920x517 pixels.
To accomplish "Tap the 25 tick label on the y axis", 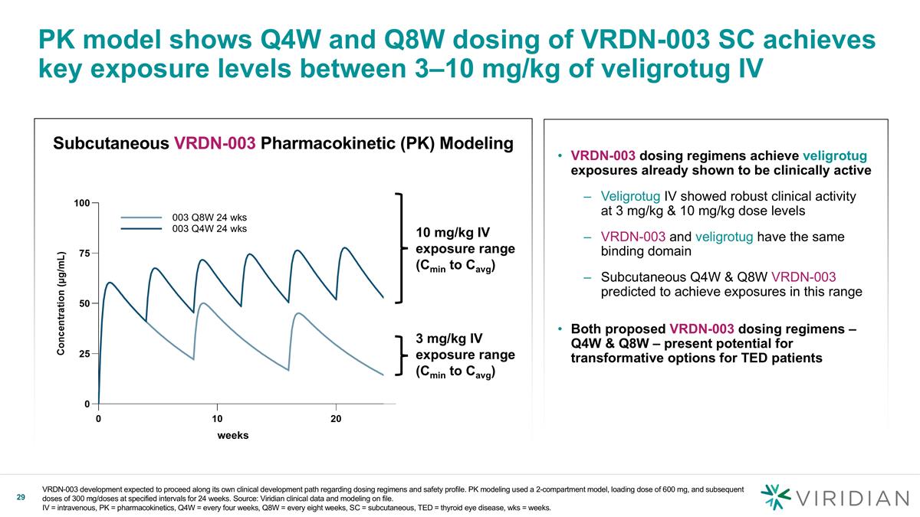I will (x=82, y=354).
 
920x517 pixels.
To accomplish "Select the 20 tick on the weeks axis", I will (x=336, y=419).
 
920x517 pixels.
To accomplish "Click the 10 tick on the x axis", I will (x=217, y=419).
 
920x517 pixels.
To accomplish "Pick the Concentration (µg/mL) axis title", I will (x=62, y=303).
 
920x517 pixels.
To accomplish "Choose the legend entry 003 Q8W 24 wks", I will (x=209, y=217).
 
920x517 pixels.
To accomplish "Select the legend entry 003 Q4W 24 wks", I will (x=209, y=228).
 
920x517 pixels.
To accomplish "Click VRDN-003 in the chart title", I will (x=215, y=144).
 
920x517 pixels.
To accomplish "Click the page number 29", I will (x=21, y=499).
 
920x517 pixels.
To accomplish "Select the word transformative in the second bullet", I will (x=614, y=358).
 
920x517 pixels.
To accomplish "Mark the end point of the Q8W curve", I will (x=383, y=375).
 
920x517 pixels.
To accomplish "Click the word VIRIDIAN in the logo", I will (x=851, y=499).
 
